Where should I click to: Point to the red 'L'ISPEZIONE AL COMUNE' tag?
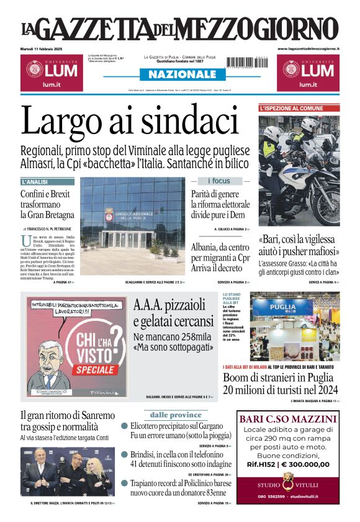click(x=291, y=108)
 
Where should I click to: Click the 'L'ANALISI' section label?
click(x=35, y=182)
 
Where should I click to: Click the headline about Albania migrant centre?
click(x=221, y=256)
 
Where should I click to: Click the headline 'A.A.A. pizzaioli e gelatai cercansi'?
click(x=173, y=313)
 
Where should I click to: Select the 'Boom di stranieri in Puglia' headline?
click(x=281, y=384)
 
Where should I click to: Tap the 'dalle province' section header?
click(x=176, y=415)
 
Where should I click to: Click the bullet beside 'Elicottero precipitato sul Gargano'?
click(x=125, y=426)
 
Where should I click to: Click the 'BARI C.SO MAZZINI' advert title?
click(x=288, y=419)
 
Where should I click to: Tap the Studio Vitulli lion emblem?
click(x=288, y=479)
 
